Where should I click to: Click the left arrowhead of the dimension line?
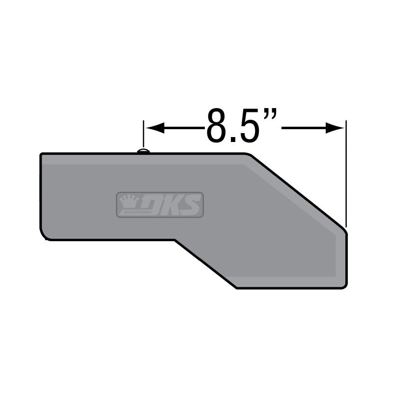(152, 128)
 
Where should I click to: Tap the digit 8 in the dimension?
(217, 126)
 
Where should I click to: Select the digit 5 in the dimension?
(248, 126)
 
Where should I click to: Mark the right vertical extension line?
(346, 172)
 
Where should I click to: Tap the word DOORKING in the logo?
(129, 212)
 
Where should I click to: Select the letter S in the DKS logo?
(192, 205)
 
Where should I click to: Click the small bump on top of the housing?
(143, 151)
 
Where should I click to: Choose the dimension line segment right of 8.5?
(305, 128)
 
